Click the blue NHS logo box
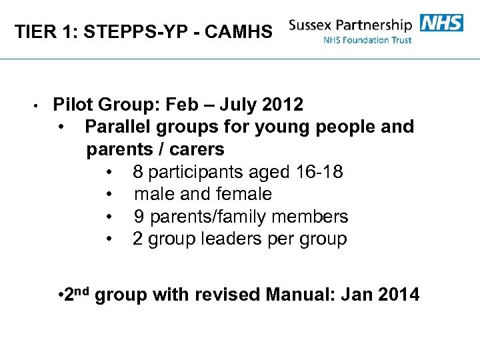click(x=442, y=23)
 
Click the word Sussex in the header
click(x=313, y=25)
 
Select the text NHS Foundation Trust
click(x=367, y=40)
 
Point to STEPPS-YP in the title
click(x=143, y=31)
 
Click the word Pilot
click(x=74, y=105)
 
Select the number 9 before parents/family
click(x=139, y=217)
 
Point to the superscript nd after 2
click(x=81, y=289)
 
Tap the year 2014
click(x=398, y=295)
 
